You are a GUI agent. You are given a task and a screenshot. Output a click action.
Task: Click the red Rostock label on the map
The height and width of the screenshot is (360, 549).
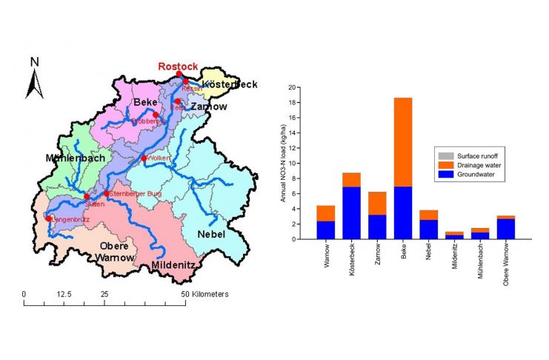click(x=178, y=66)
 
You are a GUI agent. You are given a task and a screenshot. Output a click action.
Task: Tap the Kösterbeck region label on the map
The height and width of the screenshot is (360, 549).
click(x=230, y=84)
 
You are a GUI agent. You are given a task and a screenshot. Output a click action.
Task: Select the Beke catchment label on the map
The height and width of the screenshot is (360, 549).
click(x=145, y=101)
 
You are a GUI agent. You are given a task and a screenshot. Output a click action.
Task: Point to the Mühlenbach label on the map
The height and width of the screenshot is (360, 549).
click(x=75, y=158)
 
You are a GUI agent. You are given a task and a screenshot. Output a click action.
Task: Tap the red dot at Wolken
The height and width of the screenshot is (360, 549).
click(x=144, y=159)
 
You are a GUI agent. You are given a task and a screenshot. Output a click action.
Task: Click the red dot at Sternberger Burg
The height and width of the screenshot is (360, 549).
click(x=107, y=193)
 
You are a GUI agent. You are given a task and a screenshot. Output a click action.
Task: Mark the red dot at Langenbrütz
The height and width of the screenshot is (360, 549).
click(x=49, y=218)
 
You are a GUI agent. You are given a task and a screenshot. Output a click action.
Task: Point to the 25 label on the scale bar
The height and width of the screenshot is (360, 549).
click(x=104, y=294)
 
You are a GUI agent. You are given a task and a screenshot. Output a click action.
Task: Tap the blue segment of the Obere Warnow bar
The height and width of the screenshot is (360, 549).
click(x=506, y=229)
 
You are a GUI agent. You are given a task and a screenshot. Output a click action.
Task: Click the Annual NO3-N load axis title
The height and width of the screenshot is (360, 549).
click(x=283, y=163)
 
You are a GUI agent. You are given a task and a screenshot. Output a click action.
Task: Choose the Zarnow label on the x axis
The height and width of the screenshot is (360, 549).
click(x=378, y=256)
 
